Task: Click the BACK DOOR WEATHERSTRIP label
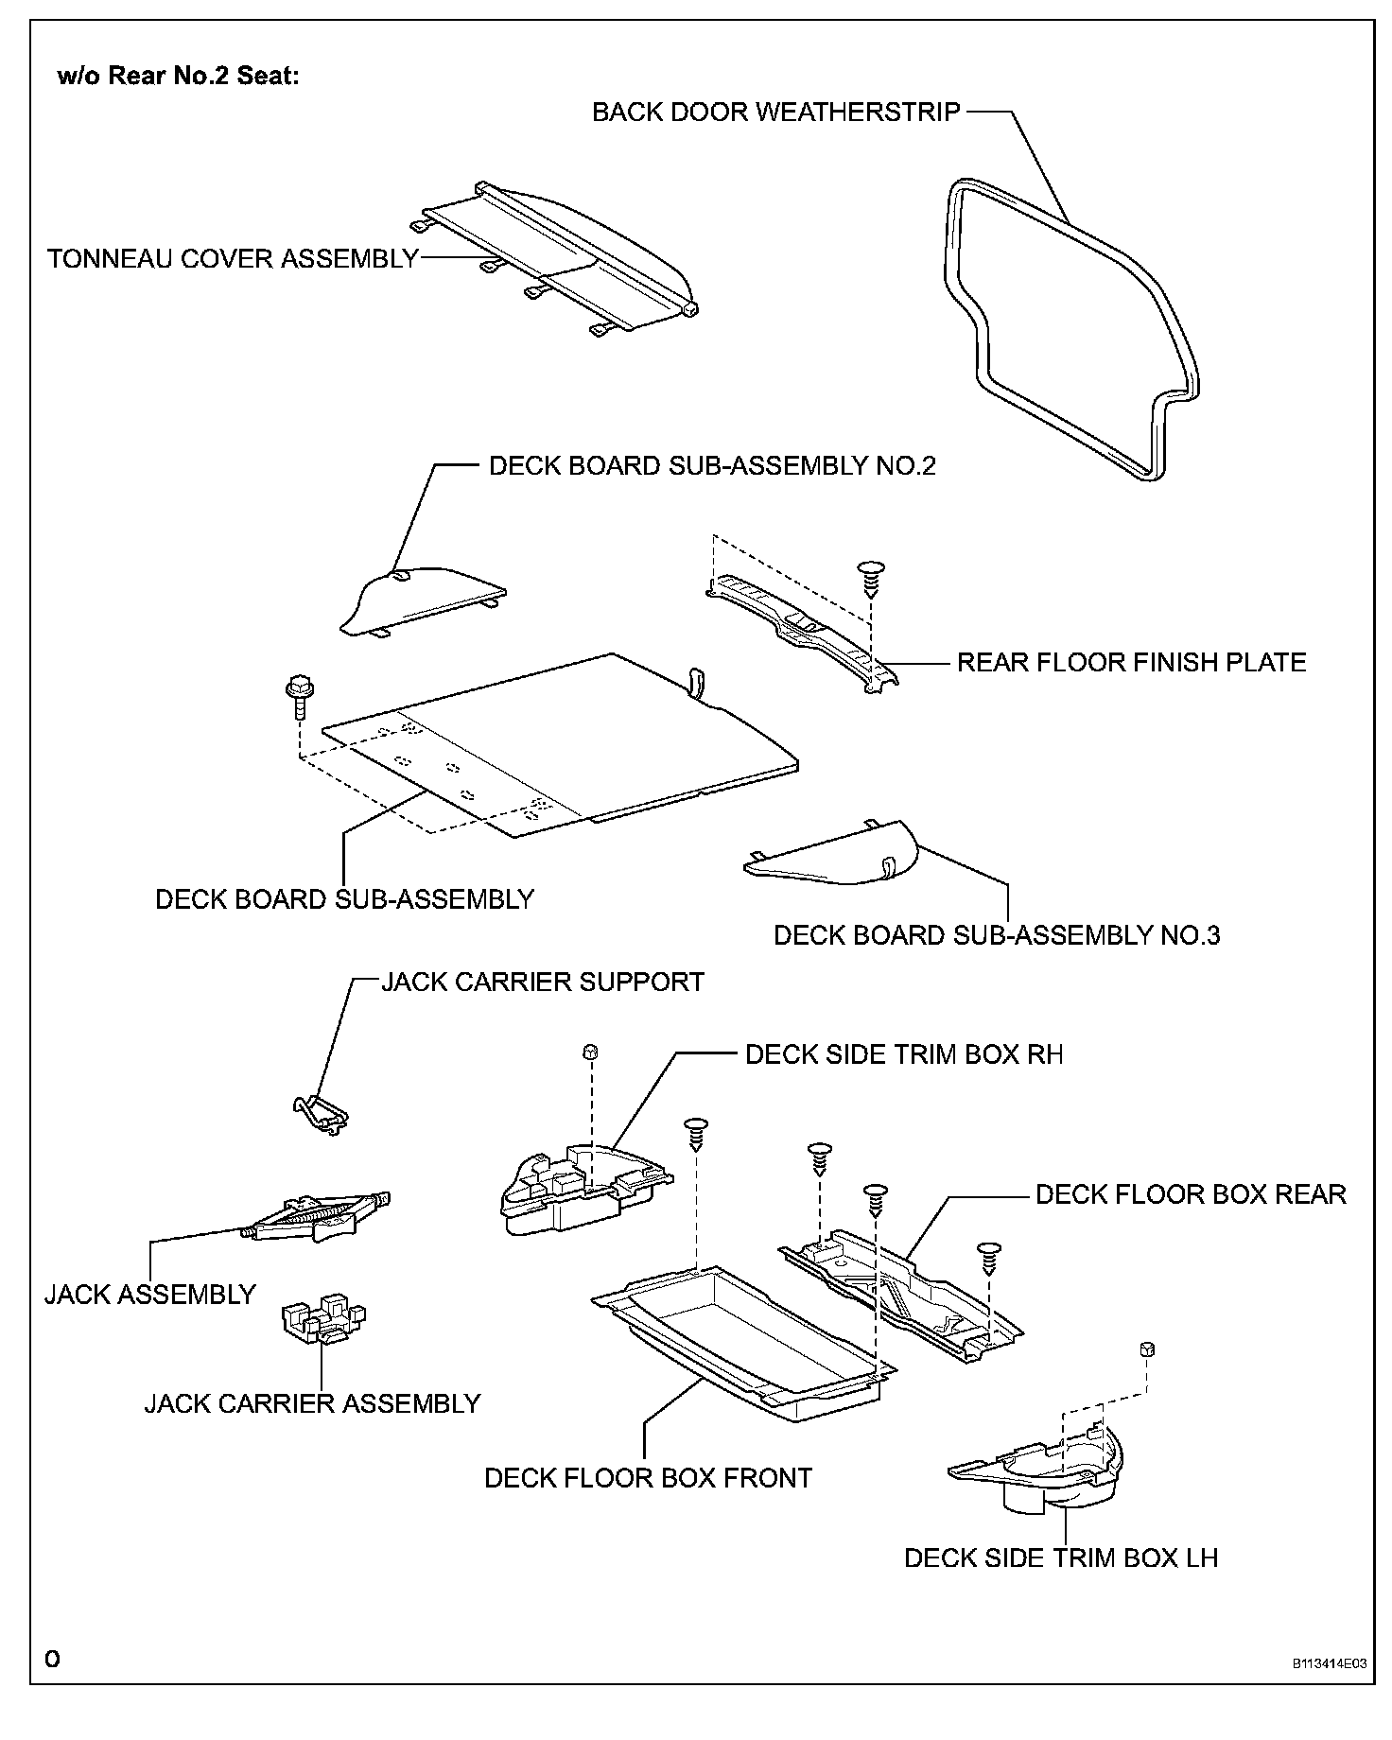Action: [x=775, y=112]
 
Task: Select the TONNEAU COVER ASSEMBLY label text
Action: [x=233, y=258]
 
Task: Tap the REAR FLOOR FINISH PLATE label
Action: [x=1131, y=662]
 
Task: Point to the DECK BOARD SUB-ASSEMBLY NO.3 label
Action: [x=997, y=935]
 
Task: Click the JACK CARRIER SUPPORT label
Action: [x=543, y=982]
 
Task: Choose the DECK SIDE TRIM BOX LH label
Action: [x=1061, y=1557]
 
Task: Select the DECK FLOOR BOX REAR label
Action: [x=1191, y=1194]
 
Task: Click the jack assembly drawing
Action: [x=317, y=1216]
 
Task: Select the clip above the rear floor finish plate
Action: [x=869, y=577]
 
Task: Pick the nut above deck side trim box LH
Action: [x=1148, y=1348]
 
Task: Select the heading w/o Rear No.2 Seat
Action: [x=179, y=76]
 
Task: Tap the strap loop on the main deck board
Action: [x=697, y=682]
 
